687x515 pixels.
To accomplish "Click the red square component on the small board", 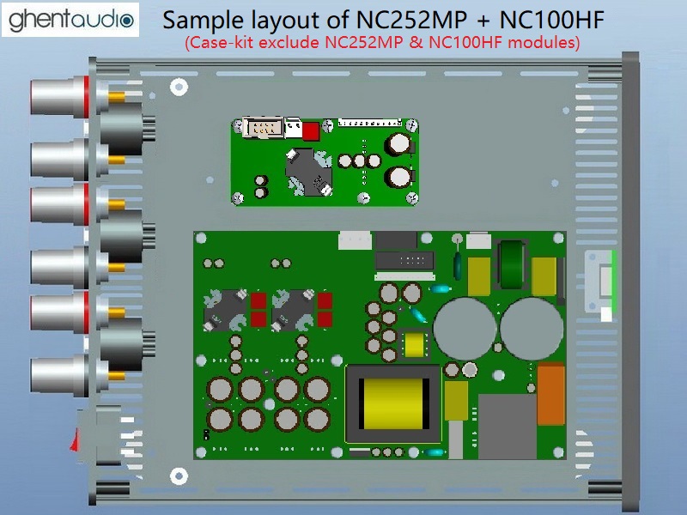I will pyautogui.click(x=311, y=131).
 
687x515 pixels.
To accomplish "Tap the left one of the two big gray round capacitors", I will pyautogui.click(x=461, y=325).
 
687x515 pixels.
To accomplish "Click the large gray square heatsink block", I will pyautogui.click(x=507, y=424).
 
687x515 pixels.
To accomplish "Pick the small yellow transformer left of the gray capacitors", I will pyautogui.click(x=416, y=346).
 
